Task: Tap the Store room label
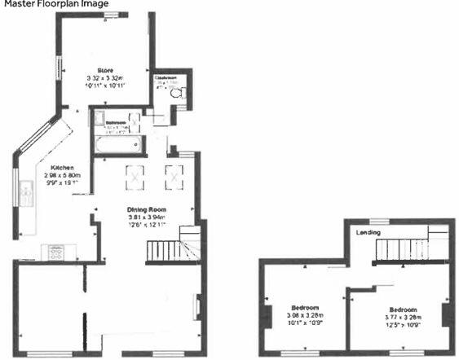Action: tap(104, 70)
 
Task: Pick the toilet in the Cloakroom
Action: tap(179, 93)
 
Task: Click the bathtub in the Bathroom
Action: tap(119, 146)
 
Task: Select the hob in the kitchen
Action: tap(58, 253)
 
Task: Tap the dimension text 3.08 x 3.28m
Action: tap(306, 315)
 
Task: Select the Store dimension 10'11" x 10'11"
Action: tap(104, 86)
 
